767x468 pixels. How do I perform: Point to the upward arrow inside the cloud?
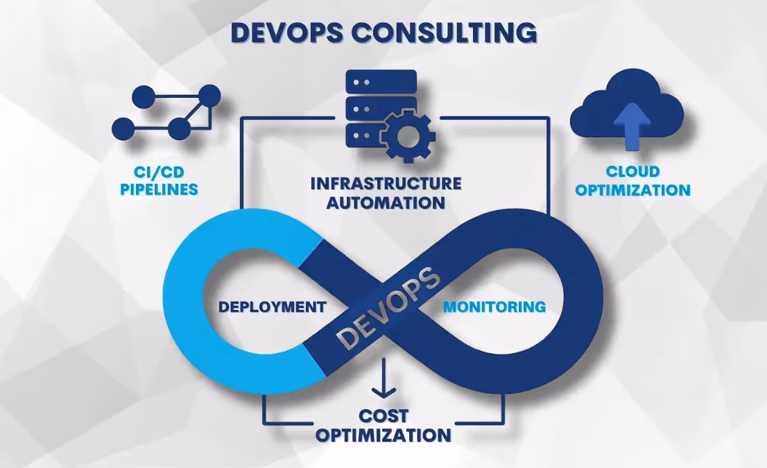(632, 126)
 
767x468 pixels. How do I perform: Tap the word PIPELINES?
(159, 189)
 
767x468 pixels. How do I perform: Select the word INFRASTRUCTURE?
(386, 184)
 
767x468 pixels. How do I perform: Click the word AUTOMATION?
(386, 202)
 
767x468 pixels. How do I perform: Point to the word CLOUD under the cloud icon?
(632, 171)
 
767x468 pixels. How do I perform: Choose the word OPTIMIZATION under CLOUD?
(632, 189)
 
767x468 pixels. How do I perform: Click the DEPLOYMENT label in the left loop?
(272, 306)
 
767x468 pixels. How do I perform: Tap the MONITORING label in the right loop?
(494, 306)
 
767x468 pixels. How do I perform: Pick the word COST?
(383, 416)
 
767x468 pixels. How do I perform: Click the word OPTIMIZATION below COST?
(383, 435)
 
